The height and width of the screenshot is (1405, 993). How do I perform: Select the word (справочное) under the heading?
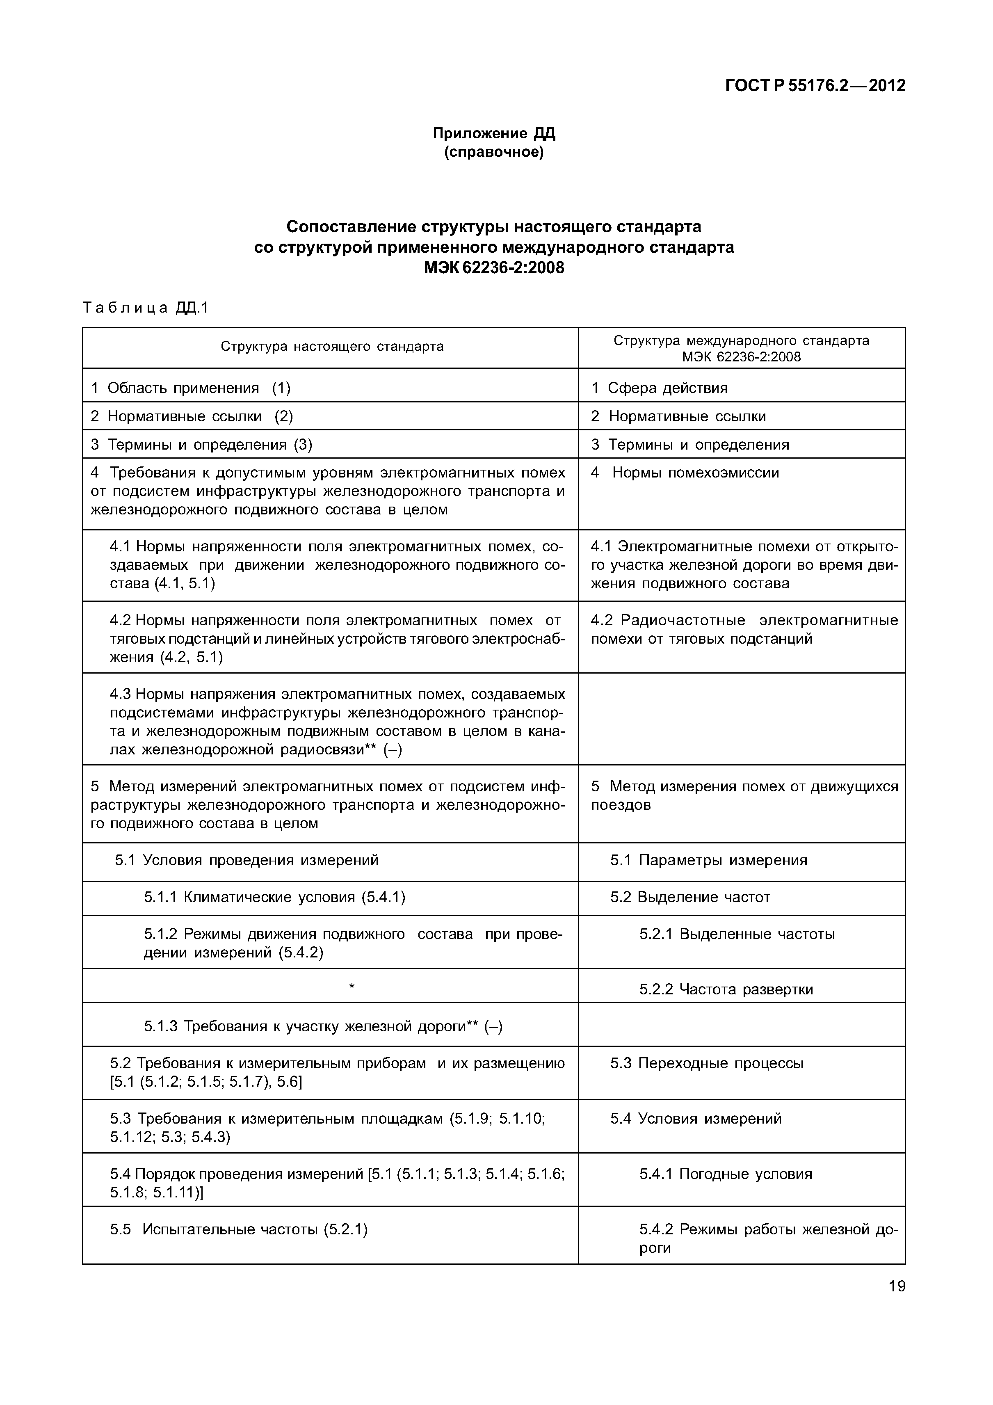pos(494,152)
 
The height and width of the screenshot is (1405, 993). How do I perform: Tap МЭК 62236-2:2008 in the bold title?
pos(494,268)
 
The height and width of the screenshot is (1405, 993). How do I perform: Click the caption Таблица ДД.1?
pos(146,308)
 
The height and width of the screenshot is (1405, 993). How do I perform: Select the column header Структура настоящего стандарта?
pos(331,347)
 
